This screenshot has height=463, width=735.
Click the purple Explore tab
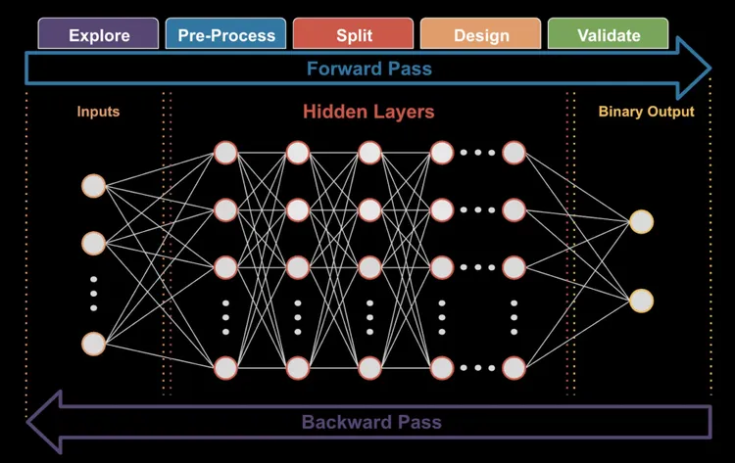tap(98, 35)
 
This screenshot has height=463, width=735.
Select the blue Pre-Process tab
tap(226, 35)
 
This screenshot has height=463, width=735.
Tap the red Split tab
tap(354, 35)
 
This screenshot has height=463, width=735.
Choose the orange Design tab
tap(481, 35)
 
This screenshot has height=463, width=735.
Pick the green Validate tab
tap(609, 35)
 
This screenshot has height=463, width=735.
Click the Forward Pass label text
tap(368, 69)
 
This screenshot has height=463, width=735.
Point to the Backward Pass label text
tap(371, 423)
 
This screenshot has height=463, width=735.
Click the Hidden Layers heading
tap(368, 112)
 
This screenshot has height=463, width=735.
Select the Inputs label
tap(98, 112)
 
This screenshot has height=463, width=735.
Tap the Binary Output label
tap(646, 112)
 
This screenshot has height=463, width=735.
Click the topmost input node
tap(93, 186)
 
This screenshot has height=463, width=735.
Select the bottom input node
tap(93, 344)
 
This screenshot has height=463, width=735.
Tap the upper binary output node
tap(641, 222)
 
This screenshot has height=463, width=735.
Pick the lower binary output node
tap(641, 300)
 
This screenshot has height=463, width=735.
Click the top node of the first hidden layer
tap(225, 153)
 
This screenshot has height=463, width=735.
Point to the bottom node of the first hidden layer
tap(225, 367)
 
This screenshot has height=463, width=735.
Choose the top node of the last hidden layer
tap(514, 153)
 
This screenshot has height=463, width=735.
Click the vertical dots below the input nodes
tap(93, 294)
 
